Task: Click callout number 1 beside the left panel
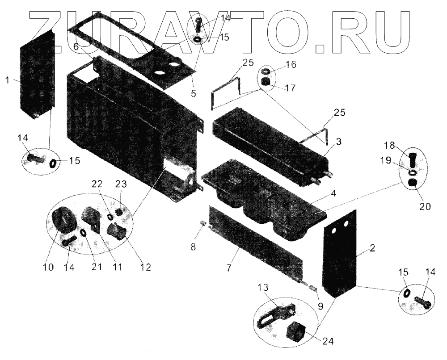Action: [7, 80]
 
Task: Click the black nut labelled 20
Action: [413, 183]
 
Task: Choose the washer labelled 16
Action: [266, 71]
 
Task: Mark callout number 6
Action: [76, 46]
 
